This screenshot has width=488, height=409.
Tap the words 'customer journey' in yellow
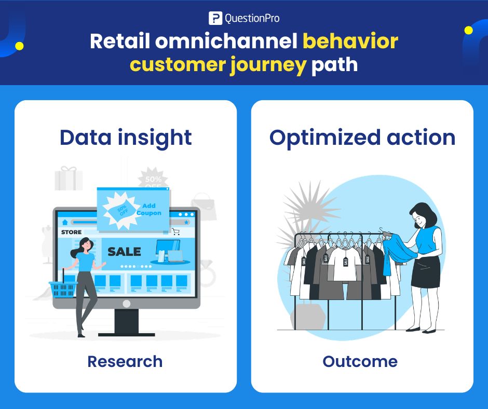[218, 66]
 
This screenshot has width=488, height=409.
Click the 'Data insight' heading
[126, 138]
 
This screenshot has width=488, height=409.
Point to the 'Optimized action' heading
[362, 138]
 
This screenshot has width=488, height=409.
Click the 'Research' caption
[125, 361]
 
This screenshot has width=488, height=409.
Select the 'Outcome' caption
[360, 361]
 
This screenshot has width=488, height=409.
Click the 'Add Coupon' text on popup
[149, 210]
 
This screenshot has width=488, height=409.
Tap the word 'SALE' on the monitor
[124, 252]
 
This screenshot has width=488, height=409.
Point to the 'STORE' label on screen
[72, 232]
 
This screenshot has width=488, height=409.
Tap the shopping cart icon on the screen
[176, 232]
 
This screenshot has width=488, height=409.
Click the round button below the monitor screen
[126, 303]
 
